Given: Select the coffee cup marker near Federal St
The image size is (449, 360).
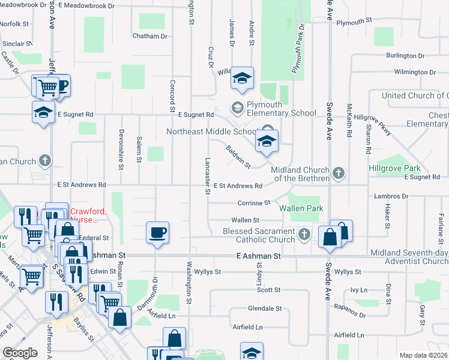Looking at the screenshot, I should [x=157, y=232].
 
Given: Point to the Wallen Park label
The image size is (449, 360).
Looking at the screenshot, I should [x=301, y=208].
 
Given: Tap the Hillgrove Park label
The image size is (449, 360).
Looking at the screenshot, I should [x=394, y=169].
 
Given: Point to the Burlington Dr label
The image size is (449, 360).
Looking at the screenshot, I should [x=405, y=56].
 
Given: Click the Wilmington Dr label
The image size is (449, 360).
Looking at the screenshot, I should [x=415, y=72].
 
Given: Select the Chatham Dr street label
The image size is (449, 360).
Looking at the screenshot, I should [x=149, y=36].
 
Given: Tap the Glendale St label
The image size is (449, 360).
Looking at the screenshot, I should [x=265, y=308].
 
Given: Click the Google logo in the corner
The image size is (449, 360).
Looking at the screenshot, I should [x=20, y=353].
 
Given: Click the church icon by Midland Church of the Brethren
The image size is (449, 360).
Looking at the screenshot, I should [x=339, y=173].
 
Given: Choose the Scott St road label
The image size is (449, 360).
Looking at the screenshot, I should [x=269, y=290].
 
